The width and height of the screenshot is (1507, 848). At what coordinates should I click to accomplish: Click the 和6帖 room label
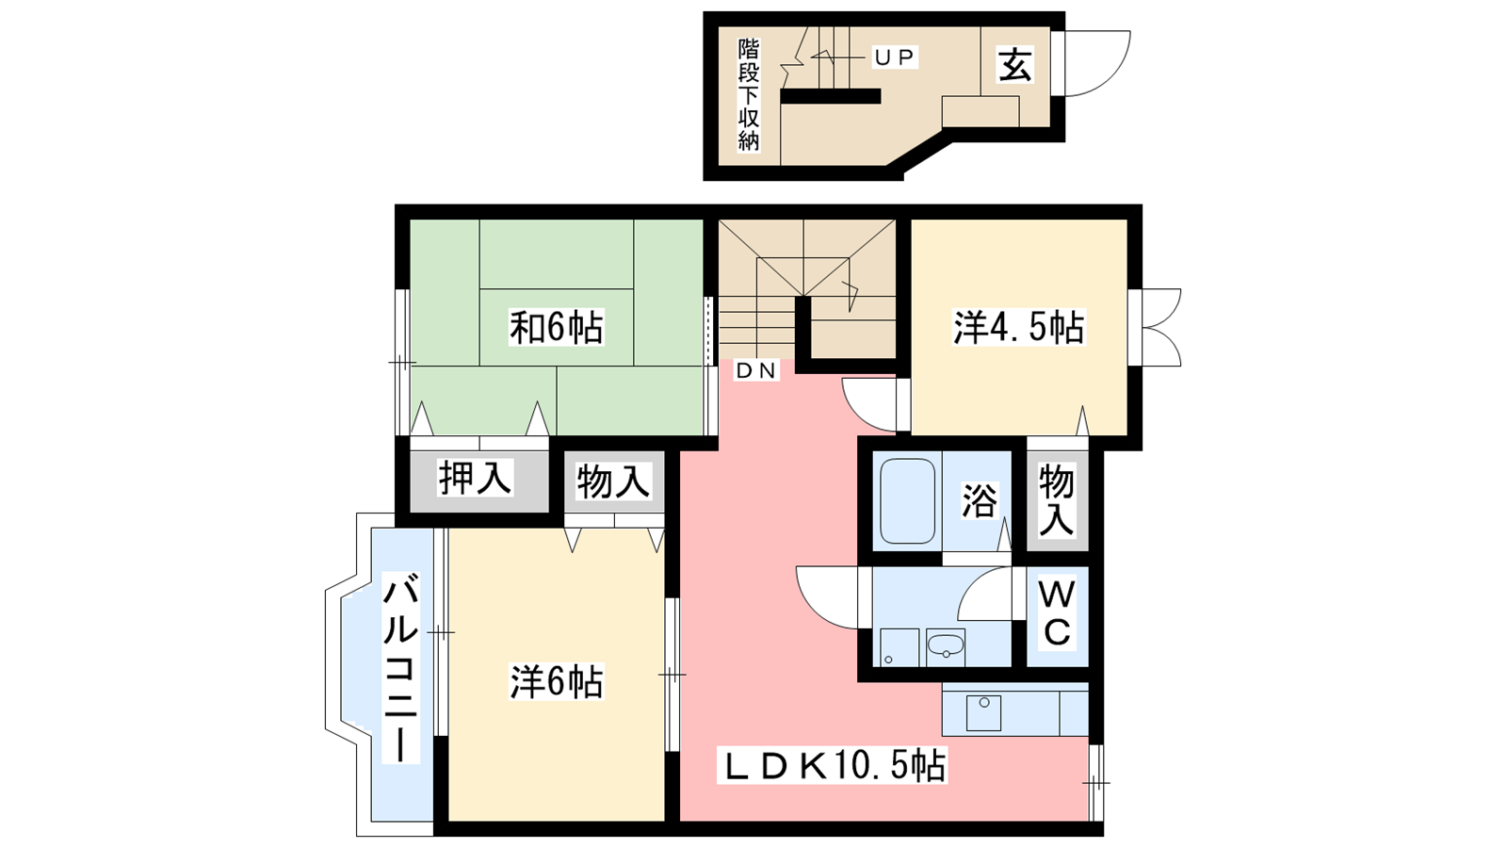click(x=556, y=327)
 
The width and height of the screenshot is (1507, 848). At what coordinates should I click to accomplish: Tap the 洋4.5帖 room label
click(x=1018, y=328)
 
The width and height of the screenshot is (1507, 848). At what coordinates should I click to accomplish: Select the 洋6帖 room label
click(x=556, y=681)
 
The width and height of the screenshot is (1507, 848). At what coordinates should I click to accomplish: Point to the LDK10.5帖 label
click(x=833, y=765)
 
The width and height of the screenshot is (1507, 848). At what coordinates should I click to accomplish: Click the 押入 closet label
click(x=476, y=478)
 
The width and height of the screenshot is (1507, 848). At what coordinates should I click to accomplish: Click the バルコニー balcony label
click(x=401, y=668)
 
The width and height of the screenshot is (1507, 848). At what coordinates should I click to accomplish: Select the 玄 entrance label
click(x=1014, y=65)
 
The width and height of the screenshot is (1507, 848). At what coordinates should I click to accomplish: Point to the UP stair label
click(x=895, y=58)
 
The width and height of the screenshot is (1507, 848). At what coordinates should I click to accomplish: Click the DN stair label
click(x=756, y=370)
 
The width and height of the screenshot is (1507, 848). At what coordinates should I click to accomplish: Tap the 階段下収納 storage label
click(x=749, y=95)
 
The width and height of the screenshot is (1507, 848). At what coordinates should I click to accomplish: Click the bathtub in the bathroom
click(x=907, y=500)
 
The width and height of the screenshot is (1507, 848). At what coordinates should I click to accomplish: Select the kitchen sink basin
click(x=983, y=713)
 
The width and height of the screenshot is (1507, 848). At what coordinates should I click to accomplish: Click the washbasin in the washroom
click(x=946, y=647)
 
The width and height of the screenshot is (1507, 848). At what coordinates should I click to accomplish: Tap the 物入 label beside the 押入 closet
click(x=613, y=481)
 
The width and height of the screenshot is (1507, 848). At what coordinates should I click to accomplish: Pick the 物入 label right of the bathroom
click(x=1056, y=500)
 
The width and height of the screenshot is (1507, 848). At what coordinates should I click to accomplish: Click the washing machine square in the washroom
click(x=899, y=647)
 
